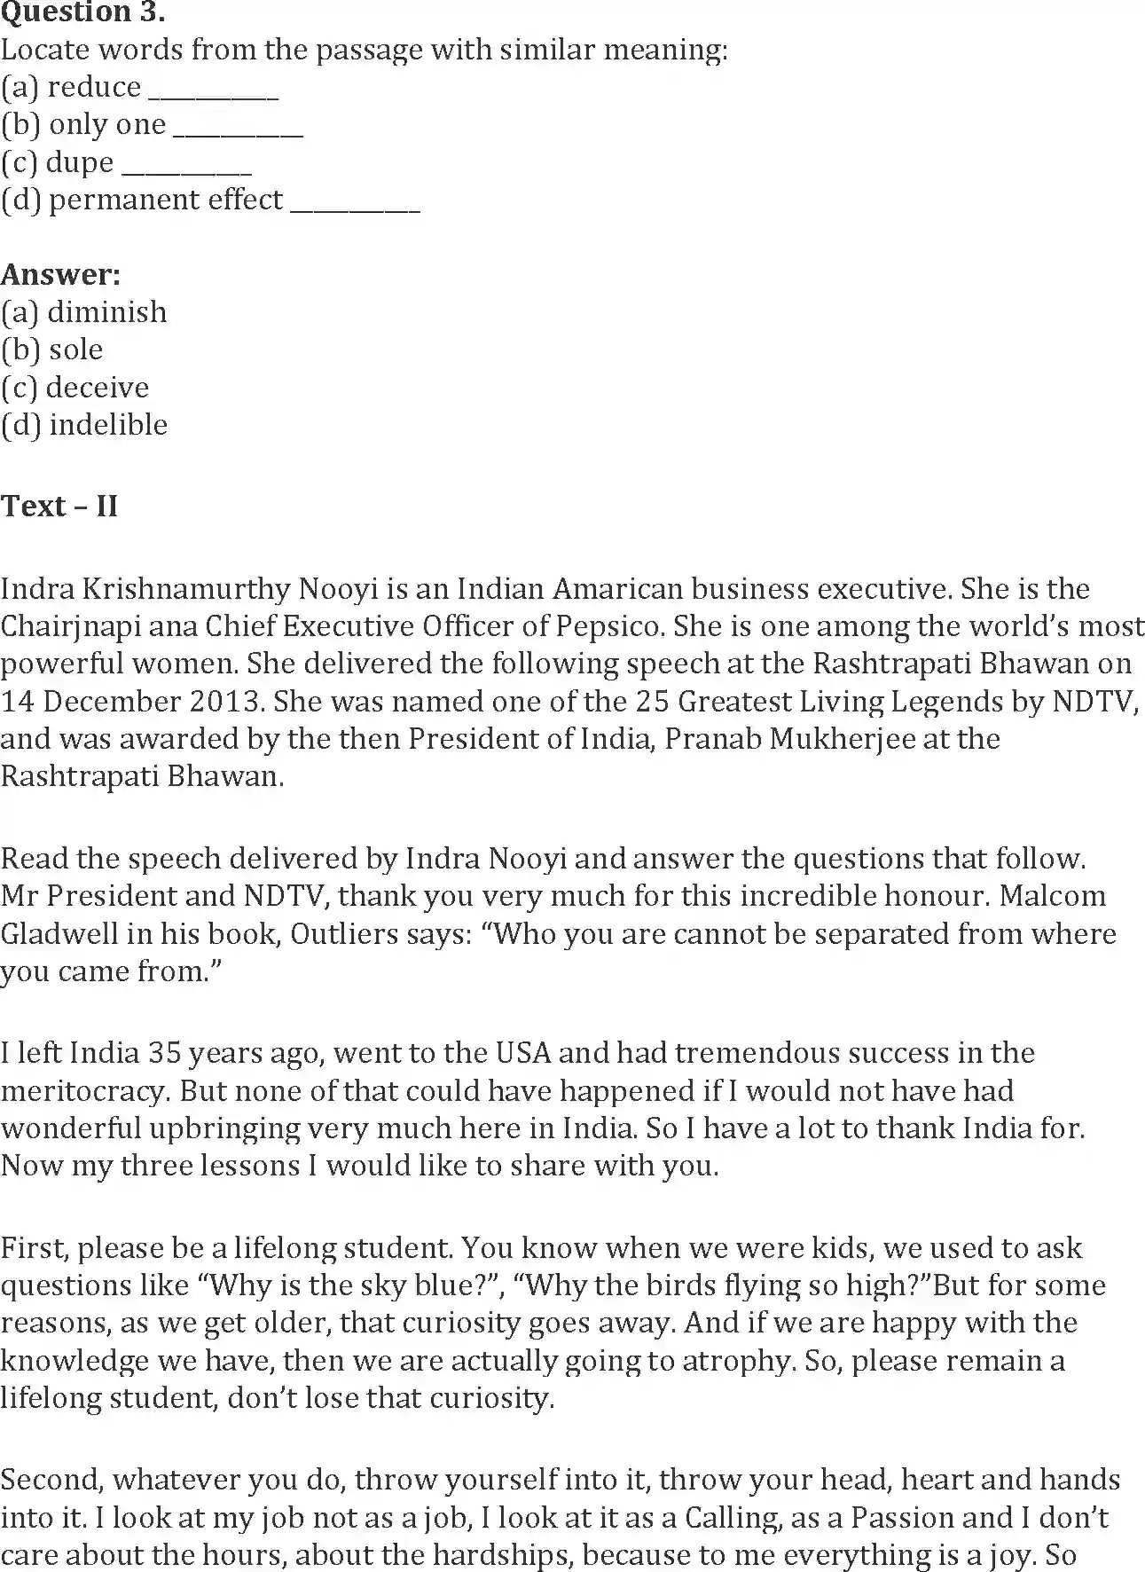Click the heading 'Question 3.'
click(x=83, y=12)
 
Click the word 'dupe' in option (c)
click(x=80, y=163)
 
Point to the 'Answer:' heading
click(x=60, y=274)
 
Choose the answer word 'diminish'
click(x=107, y=312)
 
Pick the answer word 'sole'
click(x=76, y=350)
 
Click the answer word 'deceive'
click(x=98, y=388)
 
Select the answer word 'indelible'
click(x=108, y=425)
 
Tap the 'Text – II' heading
click(x=59, y=506)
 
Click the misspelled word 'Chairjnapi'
click(x=70, y=626)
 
